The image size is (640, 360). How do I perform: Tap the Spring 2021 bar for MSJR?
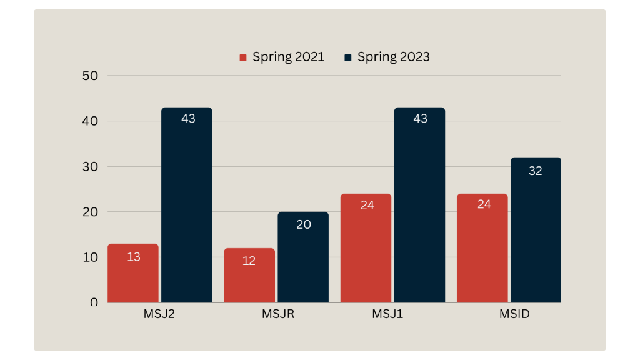249,276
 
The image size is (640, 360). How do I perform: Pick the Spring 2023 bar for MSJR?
303,257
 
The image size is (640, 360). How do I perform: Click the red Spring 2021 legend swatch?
243,57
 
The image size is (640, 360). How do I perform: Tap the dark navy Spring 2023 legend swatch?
348,57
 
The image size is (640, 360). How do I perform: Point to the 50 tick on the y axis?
90,76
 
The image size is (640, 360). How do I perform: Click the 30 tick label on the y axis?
90,166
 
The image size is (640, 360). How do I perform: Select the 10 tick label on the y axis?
90,257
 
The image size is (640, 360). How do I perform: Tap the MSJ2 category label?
159,314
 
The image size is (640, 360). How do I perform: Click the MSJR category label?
278,314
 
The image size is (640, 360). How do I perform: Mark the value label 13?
134,256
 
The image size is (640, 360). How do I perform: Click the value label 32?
536,171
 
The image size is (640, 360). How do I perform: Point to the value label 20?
304,224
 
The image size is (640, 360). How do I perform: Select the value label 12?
249,261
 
